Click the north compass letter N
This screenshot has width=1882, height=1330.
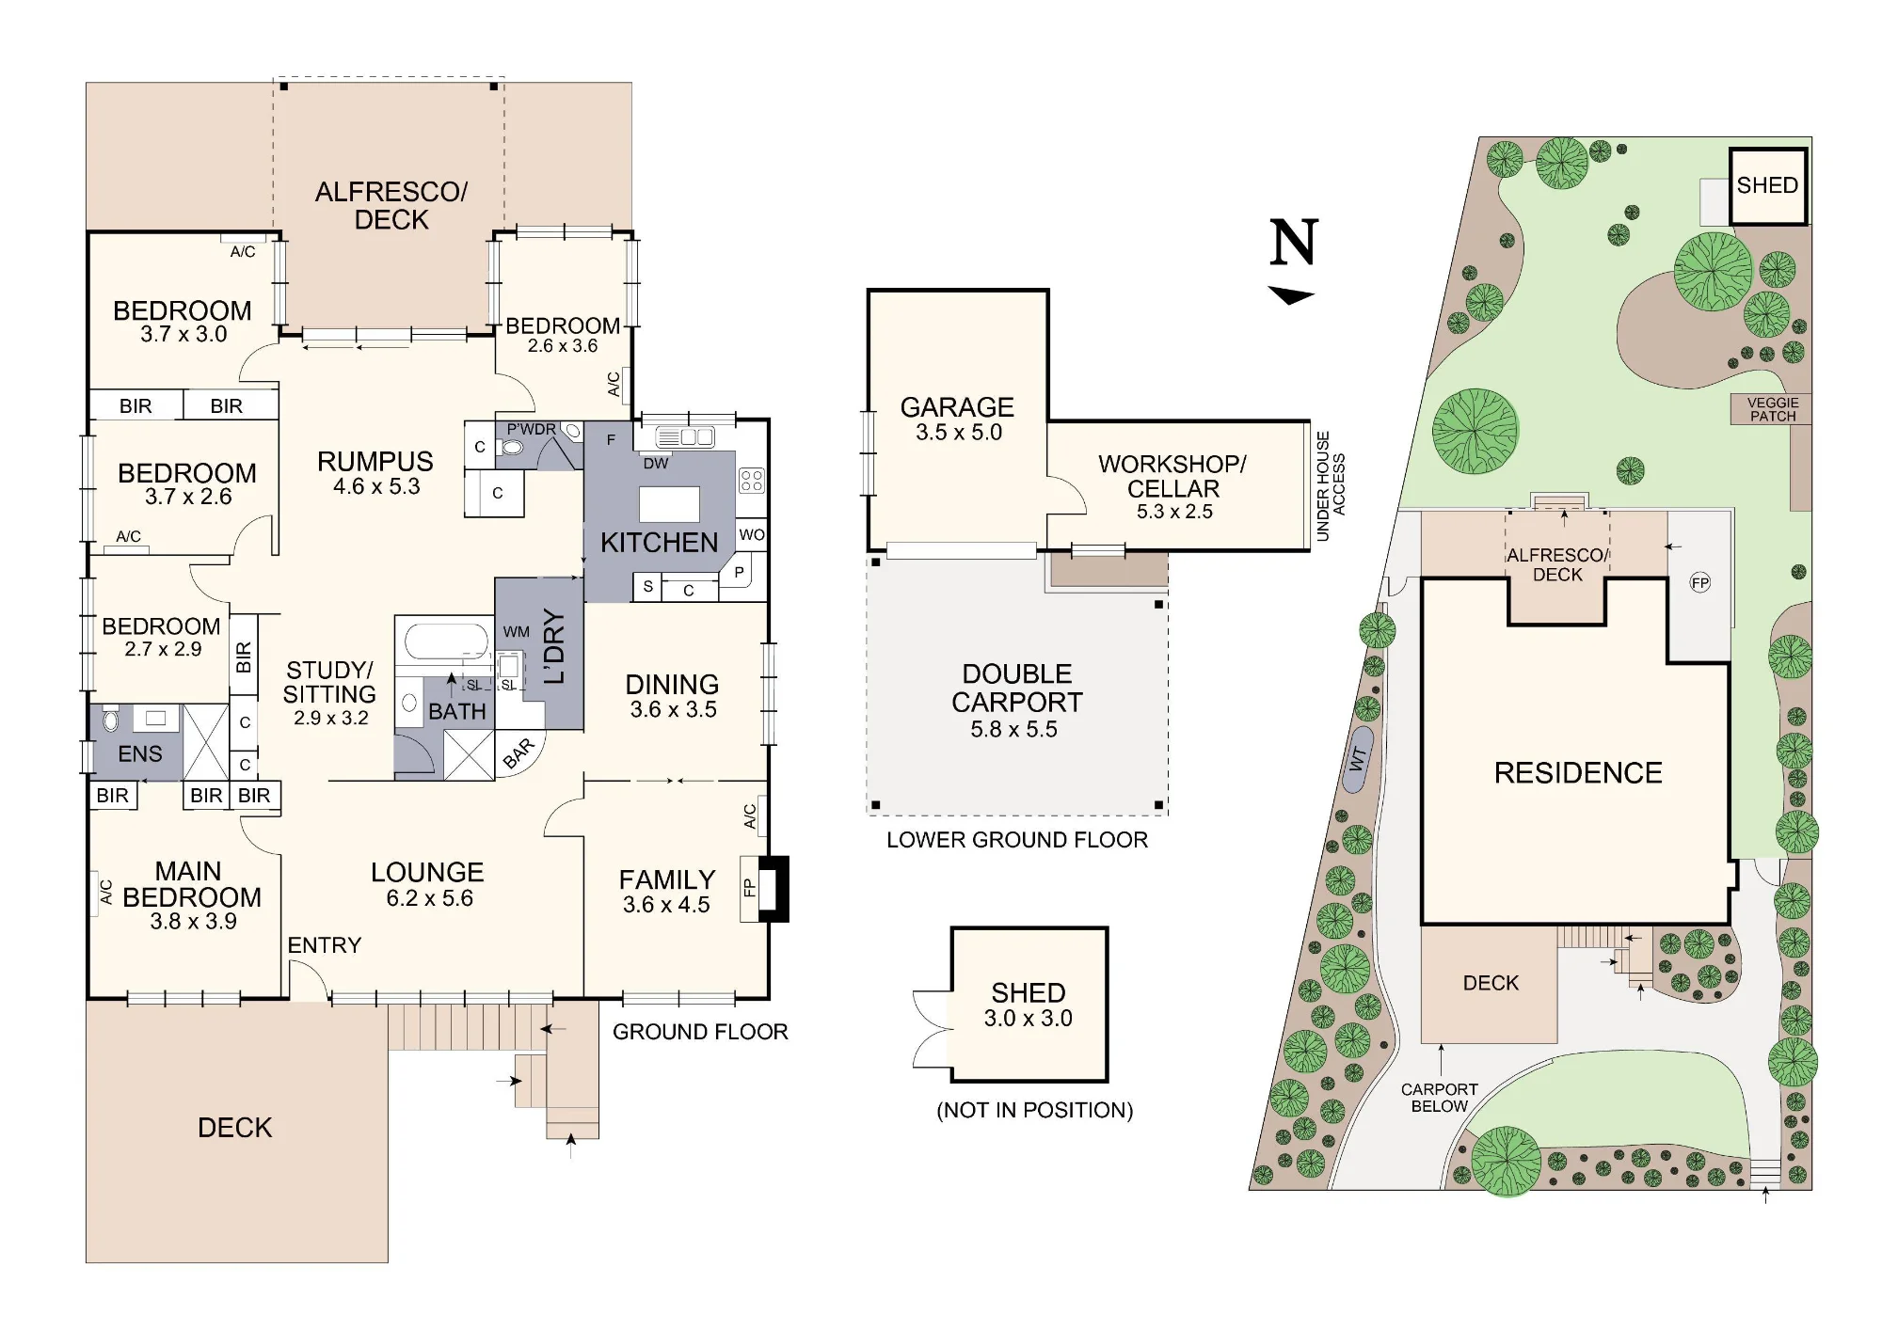coord(1294,242)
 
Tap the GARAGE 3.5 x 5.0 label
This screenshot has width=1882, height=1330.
coord(958,420)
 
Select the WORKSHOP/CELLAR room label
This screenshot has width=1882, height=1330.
coord(1173,476)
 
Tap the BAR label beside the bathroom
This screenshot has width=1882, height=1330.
coord(518,754)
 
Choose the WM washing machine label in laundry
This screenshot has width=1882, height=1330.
coord(517,632)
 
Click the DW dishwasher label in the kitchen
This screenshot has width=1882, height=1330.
coord(656,463)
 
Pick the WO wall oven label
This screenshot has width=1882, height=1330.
coord(752,535)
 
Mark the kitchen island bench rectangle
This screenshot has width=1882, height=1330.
coord(670,504)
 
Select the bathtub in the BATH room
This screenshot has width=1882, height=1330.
coord(447,641)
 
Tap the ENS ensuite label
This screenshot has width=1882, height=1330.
coord(140,754)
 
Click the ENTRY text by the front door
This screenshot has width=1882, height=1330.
coord(325,945)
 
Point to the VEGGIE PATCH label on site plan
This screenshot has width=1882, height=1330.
coord(1773,409)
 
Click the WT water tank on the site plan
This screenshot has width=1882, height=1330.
coord(1358,759)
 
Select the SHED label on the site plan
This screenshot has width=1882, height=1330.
coord(1767,185)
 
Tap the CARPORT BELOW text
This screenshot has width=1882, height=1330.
coord(1440,1098)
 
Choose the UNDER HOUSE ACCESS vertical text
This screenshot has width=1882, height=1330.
coord(1331,486)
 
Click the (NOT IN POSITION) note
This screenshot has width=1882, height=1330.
coord(1035,1110)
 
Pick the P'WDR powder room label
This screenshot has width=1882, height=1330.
coord(532,429)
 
